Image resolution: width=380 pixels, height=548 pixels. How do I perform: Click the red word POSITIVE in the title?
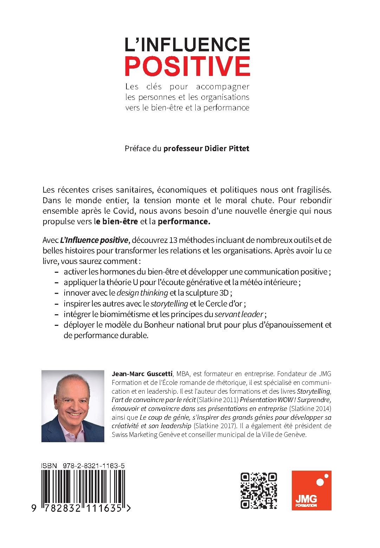click(188, 65)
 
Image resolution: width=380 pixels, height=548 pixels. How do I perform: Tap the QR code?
click(258, 490)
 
